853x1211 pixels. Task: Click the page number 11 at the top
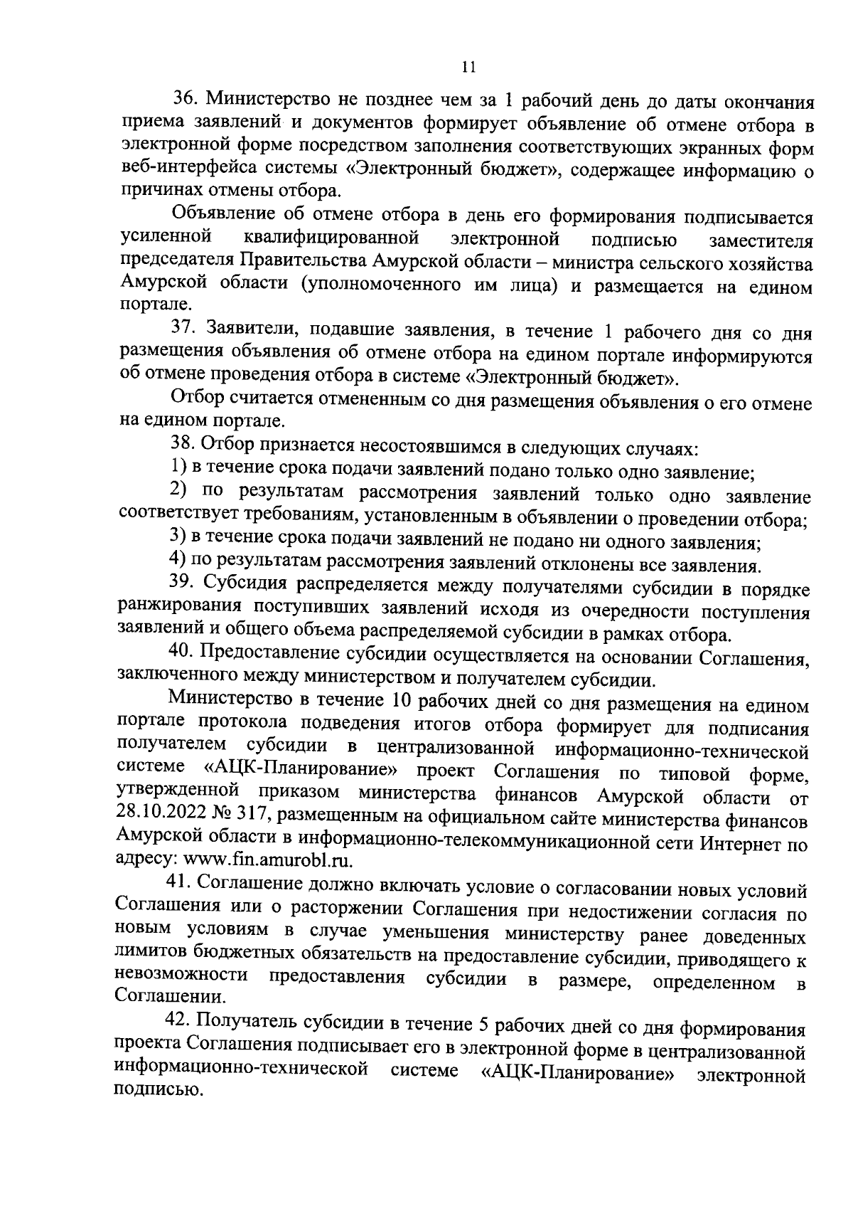[x=467, y=67]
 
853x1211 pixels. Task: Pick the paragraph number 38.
[x=181, y=446]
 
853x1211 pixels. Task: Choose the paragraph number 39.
[x=181, y=585]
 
